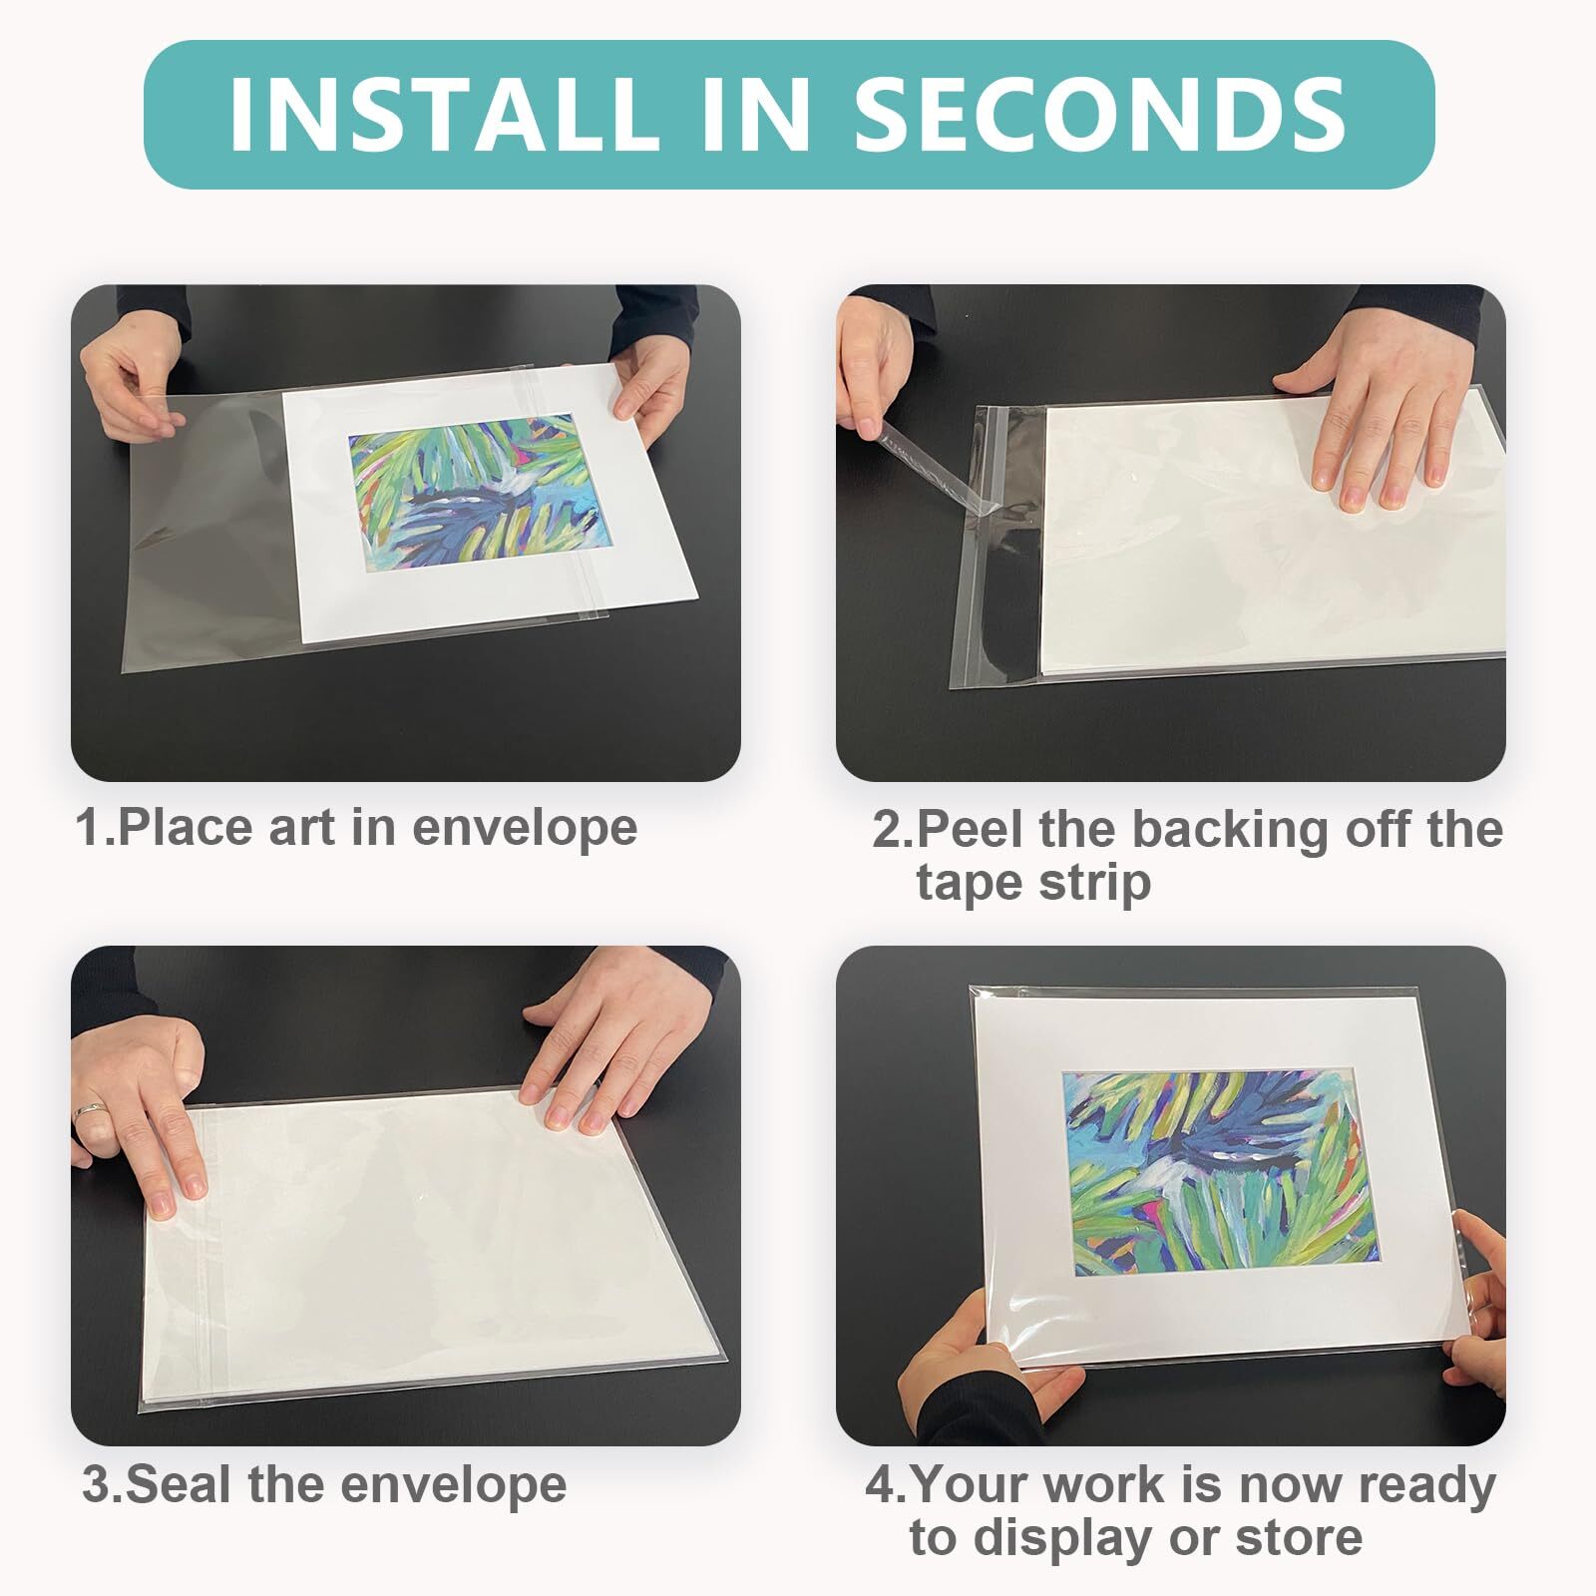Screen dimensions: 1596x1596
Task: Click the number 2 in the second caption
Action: click(x=888, y=829)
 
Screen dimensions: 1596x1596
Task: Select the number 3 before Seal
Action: click(x=97, y=1485)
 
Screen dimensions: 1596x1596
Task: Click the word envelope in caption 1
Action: click(x=524, y=830)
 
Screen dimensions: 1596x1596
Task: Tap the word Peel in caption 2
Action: click(x=973, y=829)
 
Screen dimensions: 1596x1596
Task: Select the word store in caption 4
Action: click(x=1300, y=1539)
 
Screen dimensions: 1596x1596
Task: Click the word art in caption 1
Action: click(x=305, y=830)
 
